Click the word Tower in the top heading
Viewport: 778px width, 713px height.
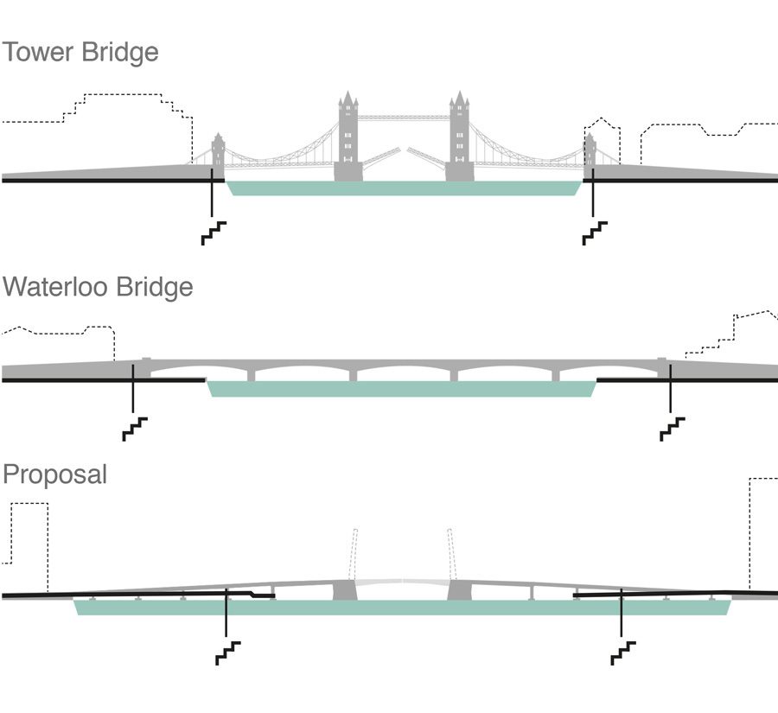coord(37,52)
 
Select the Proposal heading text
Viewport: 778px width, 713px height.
coord(54,474)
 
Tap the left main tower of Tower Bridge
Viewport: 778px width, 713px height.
coord(348,138)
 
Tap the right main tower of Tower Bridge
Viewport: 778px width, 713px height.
coord(458,138)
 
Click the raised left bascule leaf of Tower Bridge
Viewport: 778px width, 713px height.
coord(380,158)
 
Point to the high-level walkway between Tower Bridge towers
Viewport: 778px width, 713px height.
coord(403,117)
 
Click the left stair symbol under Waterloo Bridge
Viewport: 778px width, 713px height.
coord(135,429)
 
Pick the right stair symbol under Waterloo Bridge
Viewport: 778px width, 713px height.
coord(673,429)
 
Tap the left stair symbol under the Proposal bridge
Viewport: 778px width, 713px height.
coord(227,653)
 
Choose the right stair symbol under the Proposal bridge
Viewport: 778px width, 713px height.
coord(623,653)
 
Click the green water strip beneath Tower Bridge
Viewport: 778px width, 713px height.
coord(404,188)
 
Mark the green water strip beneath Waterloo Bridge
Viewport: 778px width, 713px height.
coord(402,388)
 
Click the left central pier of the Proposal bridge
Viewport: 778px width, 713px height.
coord(345,590)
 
